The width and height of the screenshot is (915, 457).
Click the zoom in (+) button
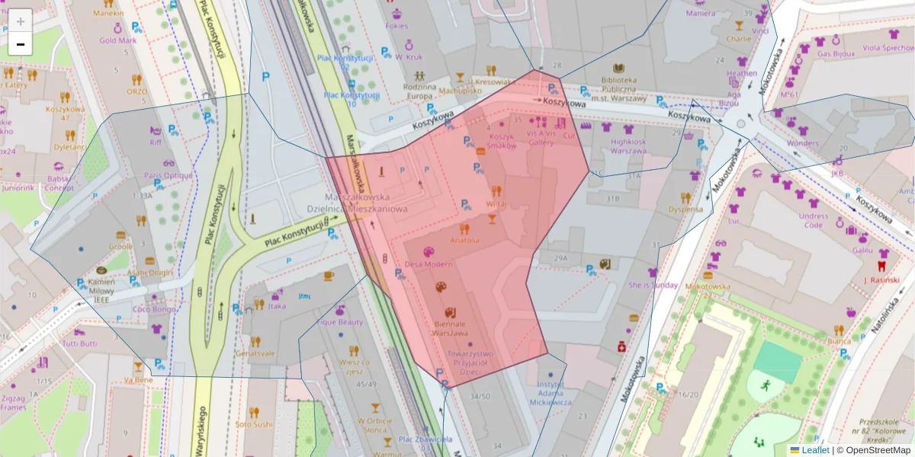coord(21,21)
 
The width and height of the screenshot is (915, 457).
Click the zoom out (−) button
coord(21,44)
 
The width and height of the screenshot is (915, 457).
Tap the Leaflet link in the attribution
coord(814,450)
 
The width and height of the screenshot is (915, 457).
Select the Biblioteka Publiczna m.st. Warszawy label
coord(618,88)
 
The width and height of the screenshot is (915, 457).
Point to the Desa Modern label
coord(428,264)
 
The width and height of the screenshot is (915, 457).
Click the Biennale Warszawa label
coord(449,328)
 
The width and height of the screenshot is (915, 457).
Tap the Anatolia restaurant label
coord(465,240)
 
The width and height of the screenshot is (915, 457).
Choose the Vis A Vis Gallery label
coord(541,136)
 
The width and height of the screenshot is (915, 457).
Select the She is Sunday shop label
coord(653,285)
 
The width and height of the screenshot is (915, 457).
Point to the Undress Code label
coord(814,220)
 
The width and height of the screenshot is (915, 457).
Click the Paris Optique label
coord(169,175)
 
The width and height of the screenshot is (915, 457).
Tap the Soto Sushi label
coord(254,424)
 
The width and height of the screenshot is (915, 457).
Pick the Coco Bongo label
coord(155,308)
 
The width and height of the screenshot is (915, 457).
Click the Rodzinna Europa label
coord(419,91)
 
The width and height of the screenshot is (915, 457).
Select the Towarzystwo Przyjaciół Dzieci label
coord(470,363)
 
